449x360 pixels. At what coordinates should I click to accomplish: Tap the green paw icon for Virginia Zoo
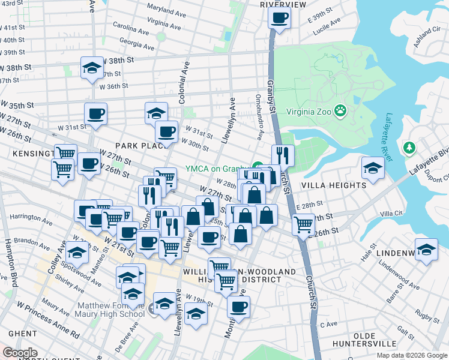point(340,110)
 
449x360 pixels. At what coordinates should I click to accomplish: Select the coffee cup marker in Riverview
point(279,17)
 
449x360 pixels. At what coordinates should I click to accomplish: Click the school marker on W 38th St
point(92,67)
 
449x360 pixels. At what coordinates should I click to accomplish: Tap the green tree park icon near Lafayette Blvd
point(409,147)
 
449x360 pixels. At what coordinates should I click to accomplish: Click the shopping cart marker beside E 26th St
point(303,224)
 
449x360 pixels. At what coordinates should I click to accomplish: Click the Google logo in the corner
point(20,352)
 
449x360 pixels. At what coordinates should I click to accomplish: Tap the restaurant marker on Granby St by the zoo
point(283,156)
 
